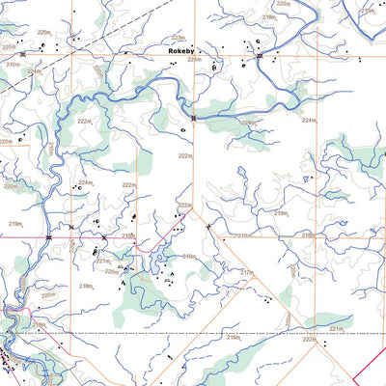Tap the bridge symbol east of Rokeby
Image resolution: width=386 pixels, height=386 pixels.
[x=259, y=57]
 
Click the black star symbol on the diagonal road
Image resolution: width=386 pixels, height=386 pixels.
[x=208, y=226]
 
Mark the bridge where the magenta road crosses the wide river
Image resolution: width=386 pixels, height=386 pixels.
[x=48, y=237]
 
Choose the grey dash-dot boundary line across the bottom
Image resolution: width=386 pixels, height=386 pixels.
[x=193, y=333]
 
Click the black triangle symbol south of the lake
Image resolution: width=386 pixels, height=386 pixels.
[x=172, y=275]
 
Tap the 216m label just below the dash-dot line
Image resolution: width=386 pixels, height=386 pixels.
[x=233, y=339]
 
